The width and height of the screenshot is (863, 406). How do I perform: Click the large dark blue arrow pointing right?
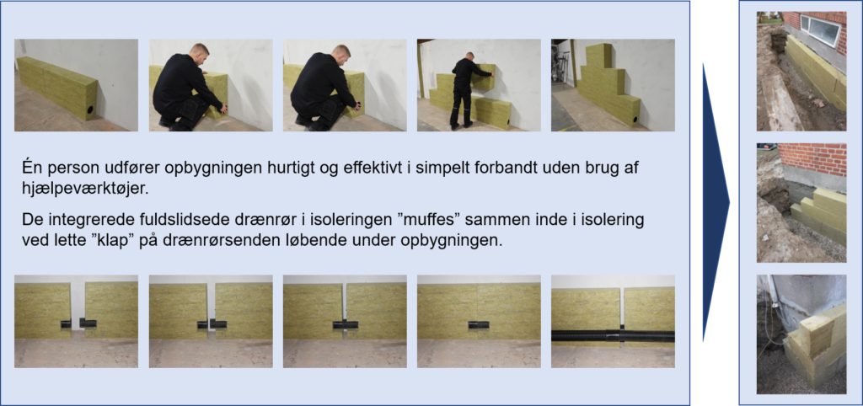coord(716,202)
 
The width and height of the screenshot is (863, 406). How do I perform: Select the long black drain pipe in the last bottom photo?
coord(614,335)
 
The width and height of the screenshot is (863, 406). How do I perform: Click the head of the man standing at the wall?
coord(469,56)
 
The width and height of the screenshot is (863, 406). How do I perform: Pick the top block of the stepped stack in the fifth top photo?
coord(599,56)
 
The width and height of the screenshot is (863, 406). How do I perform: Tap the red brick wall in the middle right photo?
coord(812,159)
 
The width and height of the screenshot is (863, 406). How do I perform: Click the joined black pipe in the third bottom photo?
coord(345,326)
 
